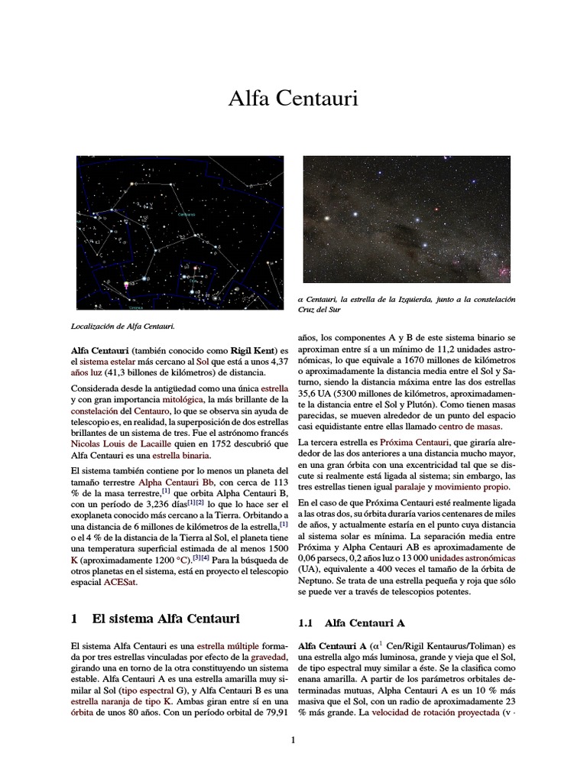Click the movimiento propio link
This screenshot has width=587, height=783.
[x=474, y=486]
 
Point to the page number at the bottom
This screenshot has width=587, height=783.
[x=293, y=740]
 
